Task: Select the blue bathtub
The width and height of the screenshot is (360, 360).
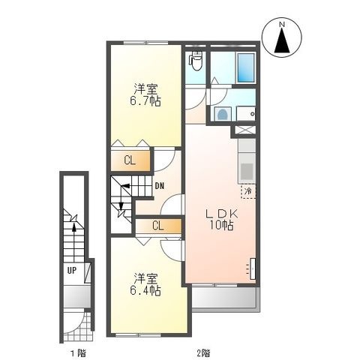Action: (x=246, y=67)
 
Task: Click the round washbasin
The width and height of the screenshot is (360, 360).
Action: (x=222, y=114)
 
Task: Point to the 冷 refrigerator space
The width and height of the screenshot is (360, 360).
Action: (x=248, y=191)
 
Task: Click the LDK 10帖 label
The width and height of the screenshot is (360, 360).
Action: (x=221, y=220)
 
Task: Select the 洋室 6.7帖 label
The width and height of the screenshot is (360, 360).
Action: (x=145, y=95)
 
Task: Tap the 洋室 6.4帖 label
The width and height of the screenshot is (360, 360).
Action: (x=145, y=284)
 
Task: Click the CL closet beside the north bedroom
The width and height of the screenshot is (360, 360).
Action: (x=130, y=160)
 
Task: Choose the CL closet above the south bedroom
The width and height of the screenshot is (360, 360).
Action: (x=158, y=226)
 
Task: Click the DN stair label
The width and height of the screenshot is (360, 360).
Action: (x=160, y=186)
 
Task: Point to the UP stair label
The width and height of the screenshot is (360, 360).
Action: (x=71, y=270)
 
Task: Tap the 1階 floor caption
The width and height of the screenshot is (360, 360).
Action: (x=78, y=353)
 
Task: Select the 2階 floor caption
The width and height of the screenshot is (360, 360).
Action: (x=203, y=353)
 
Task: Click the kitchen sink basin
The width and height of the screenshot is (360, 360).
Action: (x=247, y=171)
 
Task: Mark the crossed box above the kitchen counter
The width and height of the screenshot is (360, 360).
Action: (x=245, y=130)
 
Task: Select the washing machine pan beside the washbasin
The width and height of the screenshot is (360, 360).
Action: (x=246, y=114)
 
